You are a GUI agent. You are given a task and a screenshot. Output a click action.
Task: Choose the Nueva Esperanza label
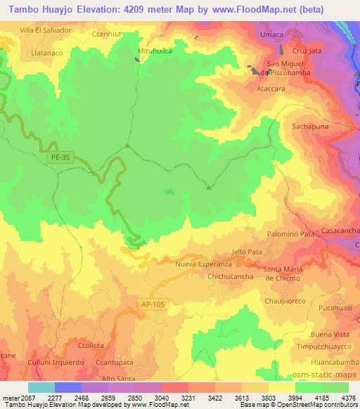tap(203, 264)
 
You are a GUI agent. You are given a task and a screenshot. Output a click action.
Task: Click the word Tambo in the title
tap(20, 11)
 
